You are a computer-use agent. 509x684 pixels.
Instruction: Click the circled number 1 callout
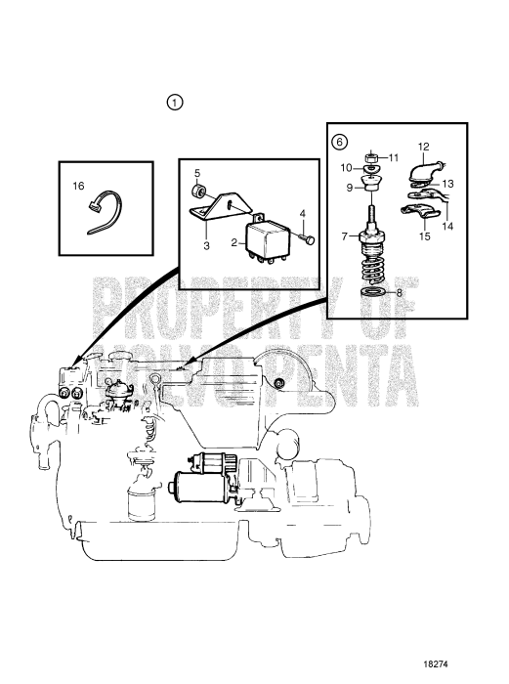175,103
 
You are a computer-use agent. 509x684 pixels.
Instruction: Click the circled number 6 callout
340,142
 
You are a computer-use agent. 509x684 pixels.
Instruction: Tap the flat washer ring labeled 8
372,292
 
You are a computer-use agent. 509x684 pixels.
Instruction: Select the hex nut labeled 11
371,157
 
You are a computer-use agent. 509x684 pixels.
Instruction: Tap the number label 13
447,184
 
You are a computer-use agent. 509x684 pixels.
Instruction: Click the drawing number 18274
436,663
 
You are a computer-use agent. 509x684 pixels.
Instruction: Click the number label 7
345,236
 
